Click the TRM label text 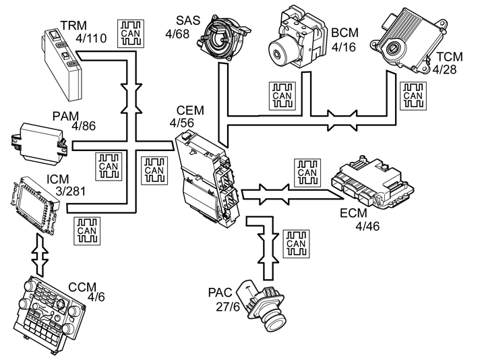tap(73, 25)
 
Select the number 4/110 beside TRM tap(91, 38)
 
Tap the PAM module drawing tap(39, 142)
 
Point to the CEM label tap(190, 110)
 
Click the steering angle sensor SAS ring tap(223, 38)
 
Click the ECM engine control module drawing tap(373, 183)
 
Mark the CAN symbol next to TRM tap(131, 34)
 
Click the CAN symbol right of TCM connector tap(413, 96)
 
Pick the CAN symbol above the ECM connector tap(307, 173)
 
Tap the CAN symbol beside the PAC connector tap(296, 243)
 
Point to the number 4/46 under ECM tap(367, 227)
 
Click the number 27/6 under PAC tap(229, 307)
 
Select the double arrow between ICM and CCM tap(40, 254)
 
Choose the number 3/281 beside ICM tap(70, 191)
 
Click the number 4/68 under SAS tap(177, 34)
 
